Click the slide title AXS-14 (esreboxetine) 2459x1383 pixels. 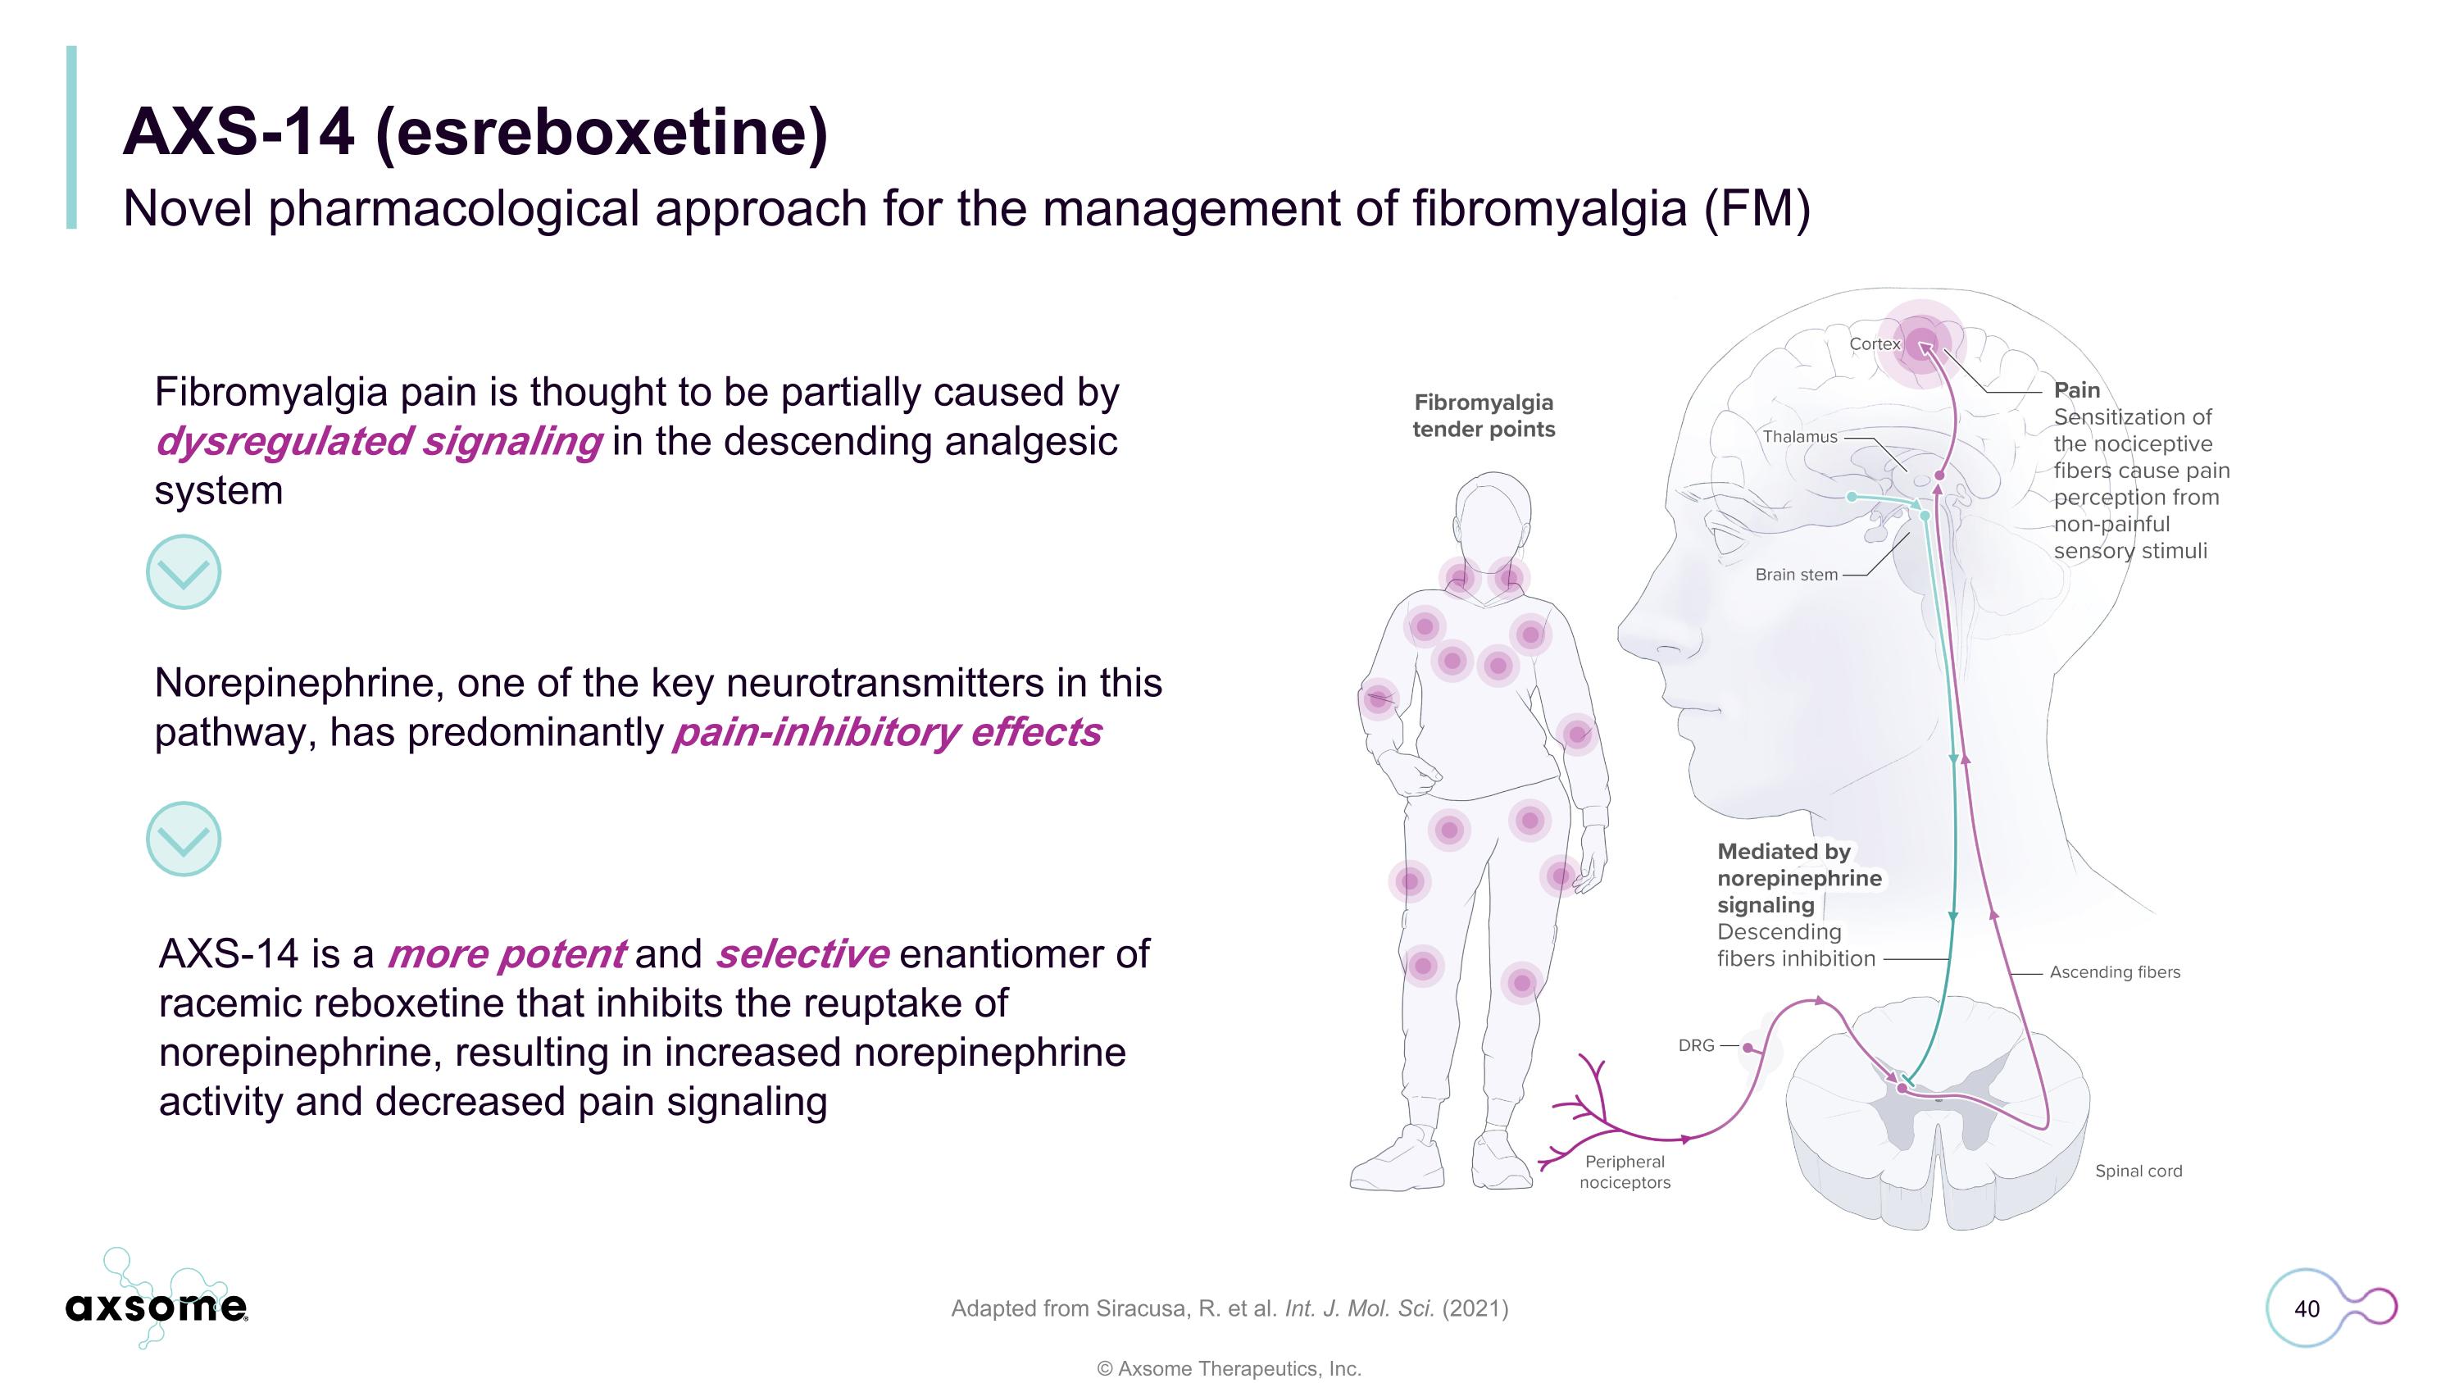click(475, 132)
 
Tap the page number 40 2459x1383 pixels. click(2307, 1308)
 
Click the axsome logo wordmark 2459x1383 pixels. click(157, 1307)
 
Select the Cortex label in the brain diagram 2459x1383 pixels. click(1875, 343)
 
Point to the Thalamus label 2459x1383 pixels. click(1799, 436)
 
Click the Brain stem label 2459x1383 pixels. click(1796, 575)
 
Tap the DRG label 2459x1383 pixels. click(1696, 1045)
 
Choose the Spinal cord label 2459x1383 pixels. click(2139, 1171)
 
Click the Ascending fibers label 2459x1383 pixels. click(2115, 971)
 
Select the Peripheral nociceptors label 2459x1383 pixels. click(1625, 1172)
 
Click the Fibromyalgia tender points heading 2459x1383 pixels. click(1484, 415)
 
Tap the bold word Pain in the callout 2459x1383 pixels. click(2076, 389)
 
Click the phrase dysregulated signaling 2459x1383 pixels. click(379, 442)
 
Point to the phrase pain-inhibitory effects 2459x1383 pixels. click(888, 732)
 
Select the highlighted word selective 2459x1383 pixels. click(802, 953)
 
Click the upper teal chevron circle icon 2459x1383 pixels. click(184, 571)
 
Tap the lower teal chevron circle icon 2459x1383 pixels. click(184, 839)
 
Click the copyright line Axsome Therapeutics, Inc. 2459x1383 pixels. click(1229, 1367)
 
